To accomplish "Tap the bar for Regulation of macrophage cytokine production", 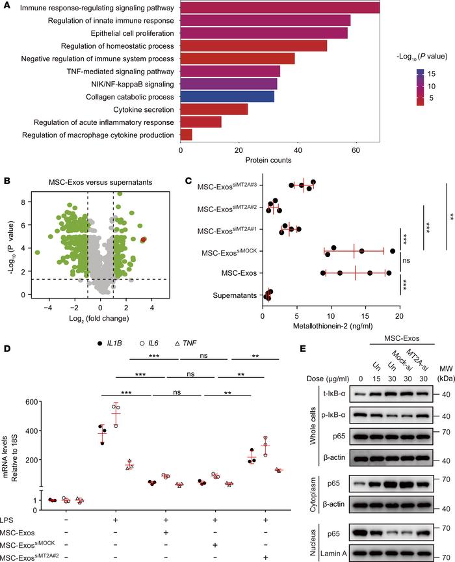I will (x=186, y=135).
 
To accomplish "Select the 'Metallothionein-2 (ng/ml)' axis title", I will (x=330, y=318).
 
